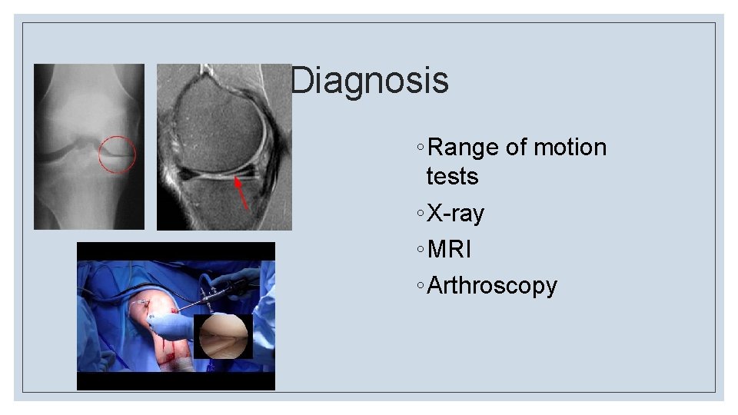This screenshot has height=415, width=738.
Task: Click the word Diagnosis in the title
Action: coord(370,81)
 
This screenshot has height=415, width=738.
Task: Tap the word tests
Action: coord(452,176)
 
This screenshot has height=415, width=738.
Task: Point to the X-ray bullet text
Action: coord(455,214)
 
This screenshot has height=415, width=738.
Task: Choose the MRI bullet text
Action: coord(449,250)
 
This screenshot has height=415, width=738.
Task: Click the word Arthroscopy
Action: coord(492,286)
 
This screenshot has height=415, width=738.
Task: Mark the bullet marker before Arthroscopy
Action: coord(418,287)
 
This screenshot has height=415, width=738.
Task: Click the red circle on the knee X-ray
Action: coord(118,154)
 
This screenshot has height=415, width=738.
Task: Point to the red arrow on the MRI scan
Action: coord(241,192)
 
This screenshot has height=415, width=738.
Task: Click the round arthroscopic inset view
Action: coord(223,337)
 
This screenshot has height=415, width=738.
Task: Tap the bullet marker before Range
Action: coord(418,148)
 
